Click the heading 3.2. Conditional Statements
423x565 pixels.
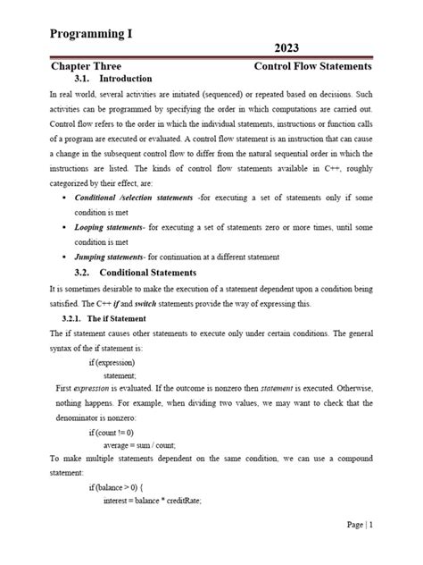[x=135, y=273]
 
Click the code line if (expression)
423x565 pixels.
[x=112, y=363]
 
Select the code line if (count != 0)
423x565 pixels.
[x=112, y=432]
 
